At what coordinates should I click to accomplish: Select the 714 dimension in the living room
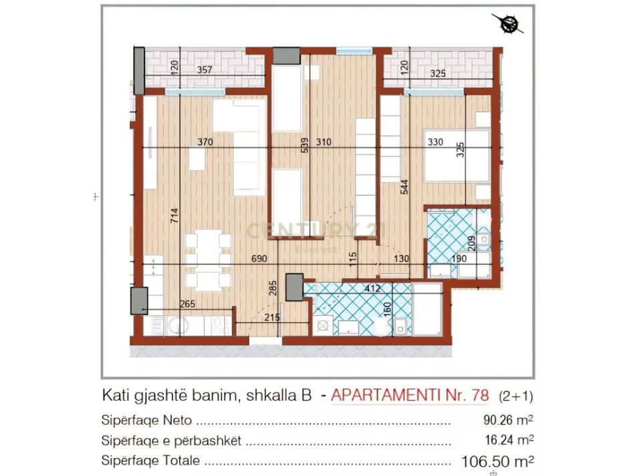(x=175, y=216)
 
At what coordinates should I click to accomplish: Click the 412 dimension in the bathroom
(x=373, y=289)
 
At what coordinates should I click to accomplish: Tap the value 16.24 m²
(x=501, y=441)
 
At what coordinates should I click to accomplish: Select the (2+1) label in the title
(x=515, y=396)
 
